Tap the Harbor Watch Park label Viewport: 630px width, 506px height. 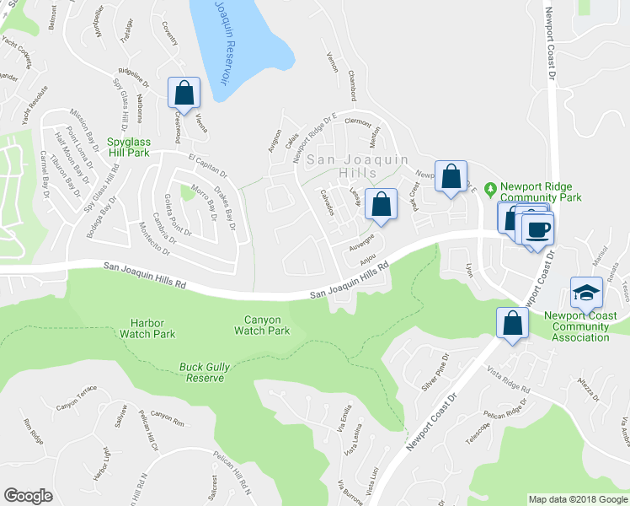coord(152,328)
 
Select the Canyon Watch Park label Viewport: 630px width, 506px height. coord(267,325)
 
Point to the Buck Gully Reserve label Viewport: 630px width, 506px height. coord(202,372)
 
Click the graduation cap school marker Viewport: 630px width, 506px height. coord(586,293)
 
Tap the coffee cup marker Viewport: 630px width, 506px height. coord(537,229)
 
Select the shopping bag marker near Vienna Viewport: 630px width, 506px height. coord(183,94)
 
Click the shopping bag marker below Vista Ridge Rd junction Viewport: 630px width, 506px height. coord(511,324)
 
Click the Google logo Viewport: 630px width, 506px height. coord(28,496)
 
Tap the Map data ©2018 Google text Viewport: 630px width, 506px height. coord(577,499)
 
